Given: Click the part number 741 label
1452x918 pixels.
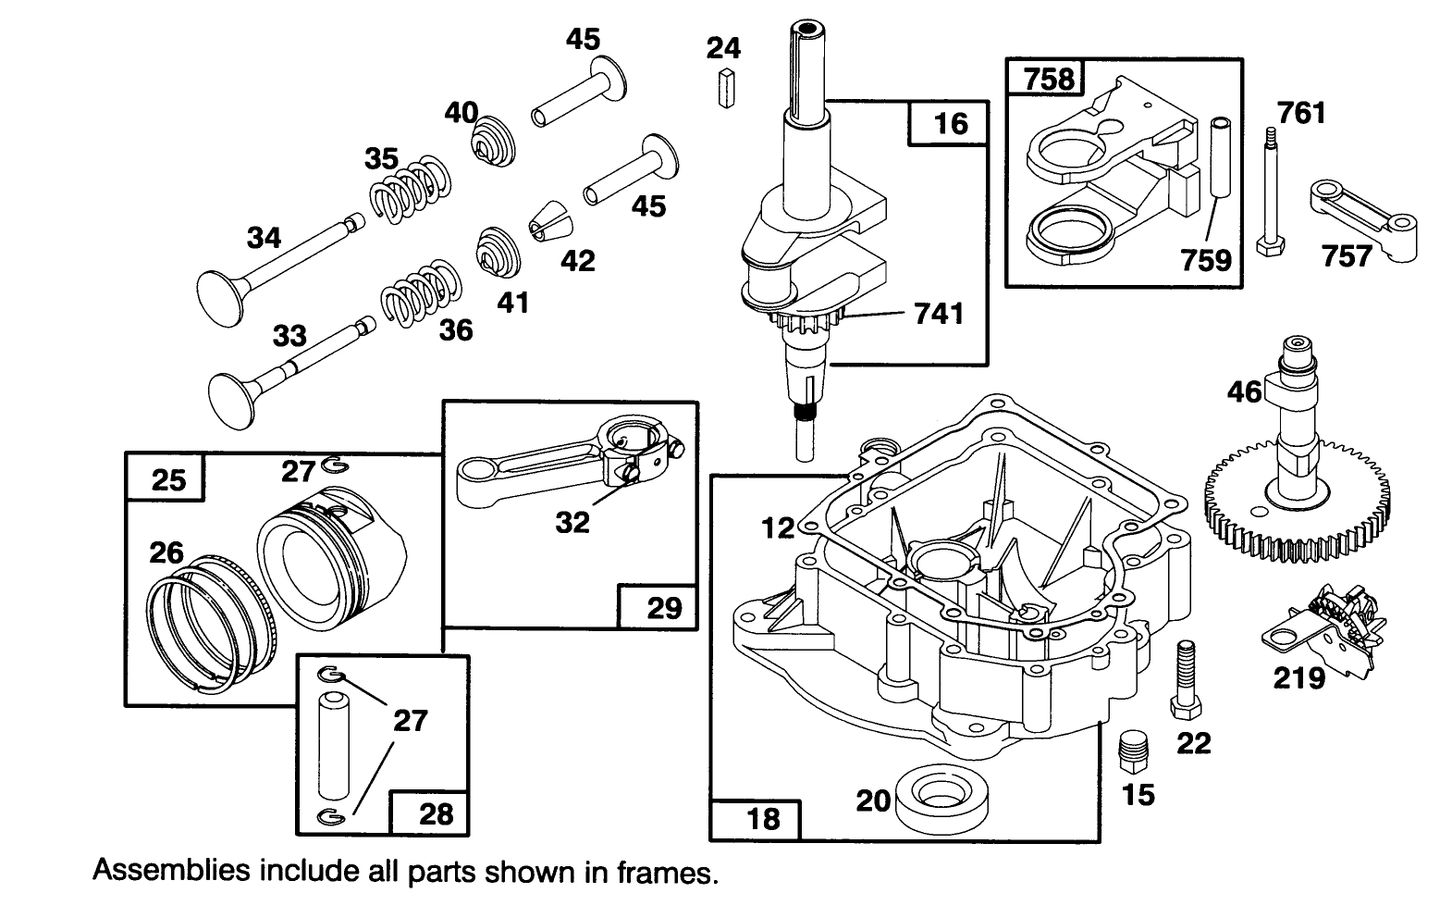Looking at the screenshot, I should click(x=938, y=315).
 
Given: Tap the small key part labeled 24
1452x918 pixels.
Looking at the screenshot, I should click(x=726, y=89).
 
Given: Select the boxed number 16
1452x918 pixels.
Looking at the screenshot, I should click(x=950, y=124).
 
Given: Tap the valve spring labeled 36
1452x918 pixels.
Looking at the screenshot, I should click(x=421, y=292).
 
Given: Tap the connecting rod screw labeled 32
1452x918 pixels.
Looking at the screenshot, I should click(x=633, y=474).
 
